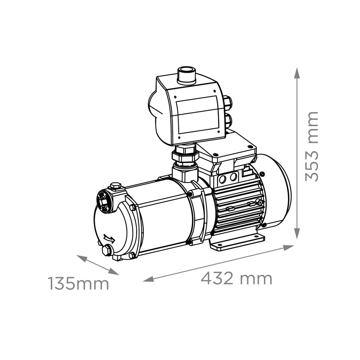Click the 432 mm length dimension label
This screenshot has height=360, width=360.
[236, 278]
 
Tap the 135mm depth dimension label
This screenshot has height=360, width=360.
[79, 283]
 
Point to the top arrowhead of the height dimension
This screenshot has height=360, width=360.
[297, 73]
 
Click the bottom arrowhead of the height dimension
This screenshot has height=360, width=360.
[297, 233]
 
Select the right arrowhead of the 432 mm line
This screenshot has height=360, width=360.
[288, 248]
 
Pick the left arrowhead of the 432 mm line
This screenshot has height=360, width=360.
[149, 279]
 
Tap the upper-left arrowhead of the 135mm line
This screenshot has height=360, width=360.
[82, 258]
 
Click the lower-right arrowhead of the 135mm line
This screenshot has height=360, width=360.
[114, 272]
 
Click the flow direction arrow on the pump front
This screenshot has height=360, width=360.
[110, 238]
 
